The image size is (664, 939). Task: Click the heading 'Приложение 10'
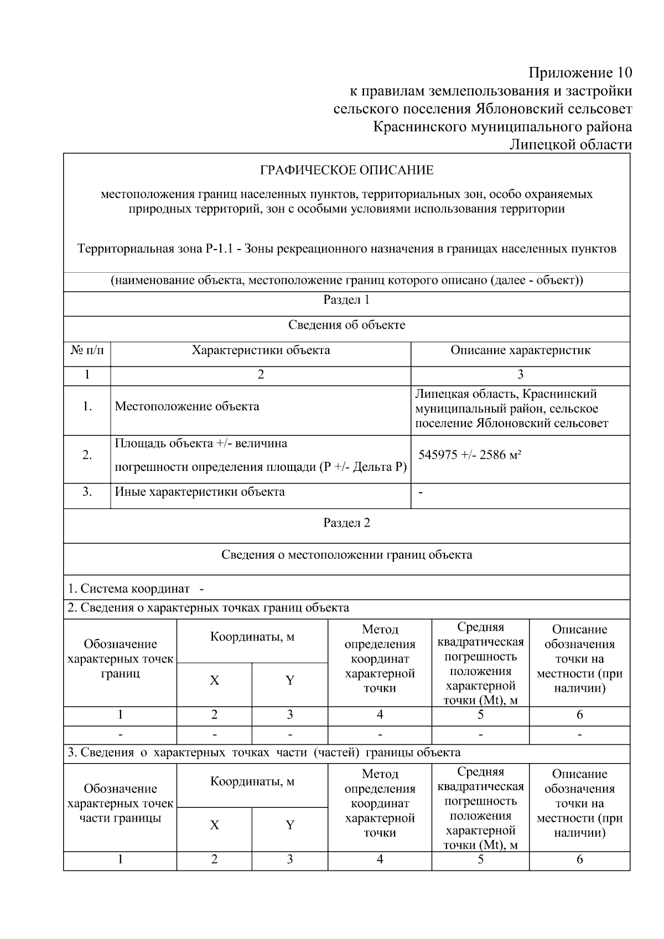580,72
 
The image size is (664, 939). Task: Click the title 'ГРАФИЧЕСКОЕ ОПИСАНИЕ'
346,170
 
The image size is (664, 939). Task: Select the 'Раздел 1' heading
346,300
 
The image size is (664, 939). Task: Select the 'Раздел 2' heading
346,523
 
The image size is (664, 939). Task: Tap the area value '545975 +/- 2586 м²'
470,455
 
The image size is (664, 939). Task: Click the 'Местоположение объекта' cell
187,407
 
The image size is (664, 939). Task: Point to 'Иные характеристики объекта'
200,492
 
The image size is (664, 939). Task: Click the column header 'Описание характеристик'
520,350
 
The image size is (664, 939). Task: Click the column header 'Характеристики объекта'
261,350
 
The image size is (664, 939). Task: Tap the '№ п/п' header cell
87,350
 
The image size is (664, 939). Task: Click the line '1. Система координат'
129,588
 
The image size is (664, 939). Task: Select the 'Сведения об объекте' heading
346,325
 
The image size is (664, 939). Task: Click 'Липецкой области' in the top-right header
570,145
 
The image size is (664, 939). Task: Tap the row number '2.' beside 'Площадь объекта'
87,455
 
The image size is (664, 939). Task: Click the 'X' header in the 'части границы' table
214,825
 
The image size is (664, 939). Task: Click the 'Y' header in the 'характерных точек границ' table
289,681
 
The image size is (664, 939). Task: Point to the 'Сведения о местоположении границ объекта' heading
346,554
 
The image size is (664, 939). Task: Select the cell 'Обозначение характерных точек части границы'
120,803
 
